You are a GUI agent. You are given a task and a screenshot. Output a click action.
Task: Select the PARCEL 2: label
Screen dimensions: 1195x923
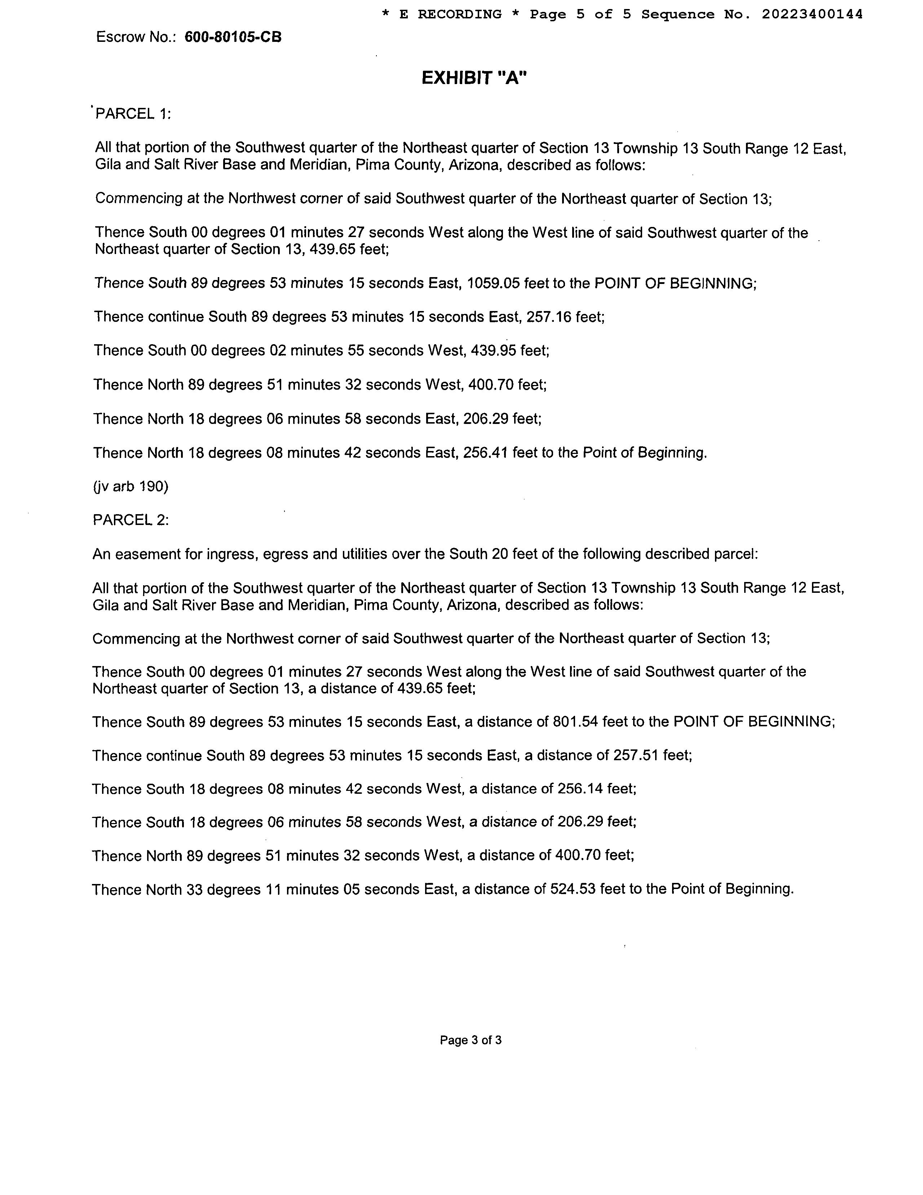[x=131, y=520]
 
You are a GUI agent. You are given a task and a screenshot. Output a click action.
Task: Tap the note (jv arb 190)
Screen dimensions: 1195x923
[x=131, y=486]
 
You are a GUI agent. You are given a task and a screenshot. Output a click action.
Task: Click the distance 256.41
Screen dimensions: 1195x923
[x=486, y=453]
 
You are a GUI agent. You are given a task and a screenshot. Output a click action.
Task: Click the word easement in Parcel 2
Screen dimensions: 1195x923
[x=145, y=554]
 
